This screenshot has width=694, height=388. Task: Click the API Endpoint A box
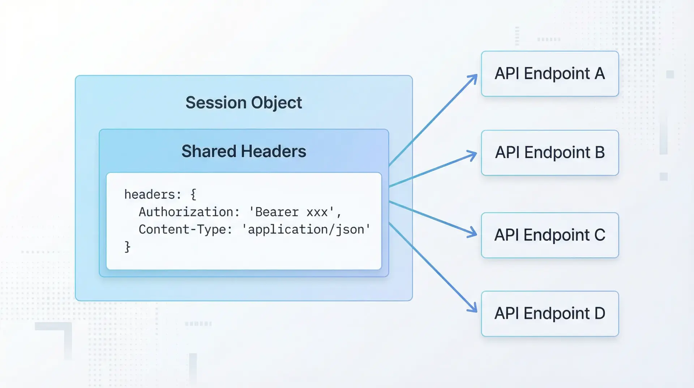pyautogui.click(x=549, y=74)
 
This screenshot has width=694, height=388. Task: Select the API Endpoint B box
pyautogui.click(x=549, y=153)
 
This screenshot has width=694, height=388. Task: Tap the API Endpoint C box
pyautogui.click(x=549, y=235)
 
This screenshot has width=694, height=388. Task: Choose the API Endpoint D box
pyautogui.click(x=549, y=313)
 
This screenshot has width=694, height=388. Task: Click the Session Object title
pyautogui.click(x=244, y=103)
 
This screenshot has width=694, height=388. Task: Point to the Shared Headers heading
pyautogui.click(x=244, y=151)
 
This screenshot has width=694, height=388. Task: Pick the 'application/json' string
pyautogui.click(x=306, y=229)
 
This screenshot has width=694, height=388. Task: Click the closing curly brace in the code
pyautogui.click(x=127, y=247)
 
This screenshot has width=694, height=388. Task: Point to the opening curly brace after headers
pyautogui.click(x=193, y=195)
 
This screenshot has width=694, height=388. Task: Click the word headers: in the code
pyautogui.click(x=153, y=195)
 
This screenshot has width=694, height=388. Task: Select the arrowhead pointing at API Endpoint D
pyautogui.click(x=473, y=308)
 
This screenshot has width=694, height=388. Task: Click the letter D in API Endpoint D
pyautogui.click(x=600, y=313)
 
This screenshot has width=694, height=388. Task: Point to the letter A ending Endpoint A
pyautogui.click(x=600, y=74)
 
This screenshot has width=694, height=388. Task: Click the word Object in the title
pyautogui.click(x=277, y=103)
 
